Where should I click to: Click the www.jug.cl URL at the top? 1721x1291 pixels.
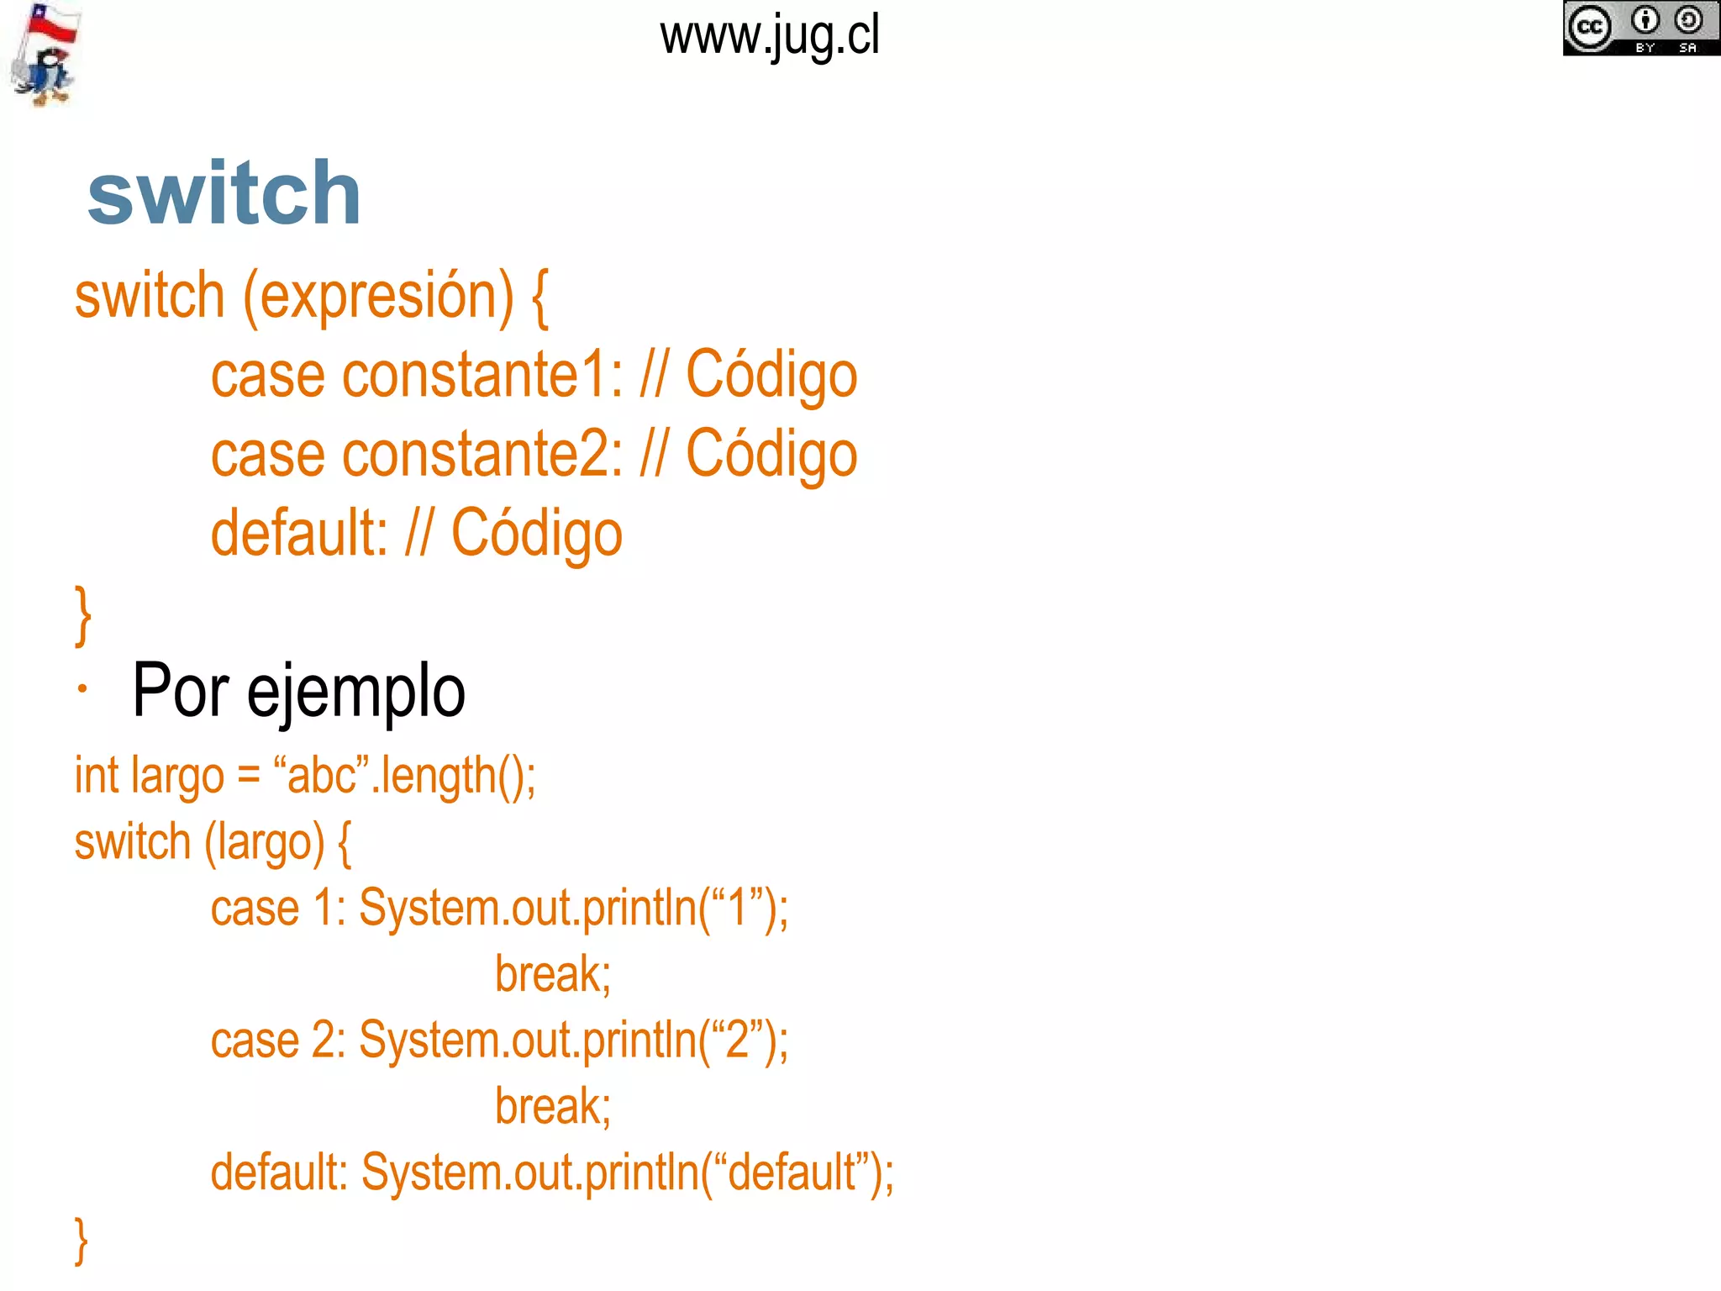(x=770, y=37)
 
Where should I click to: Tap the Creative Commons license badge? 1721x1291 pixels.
(x=1640, y=29)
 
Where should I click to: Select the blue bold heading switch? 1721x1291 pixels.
(x=224, y=194)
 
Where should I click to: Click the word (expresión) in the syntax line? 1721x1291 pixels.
(x=378, y=297)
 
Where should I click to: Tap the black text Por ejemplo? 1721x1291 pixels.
(x=298, y=691)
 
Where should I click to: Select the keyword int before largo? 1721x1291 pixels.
(x=97, y=775)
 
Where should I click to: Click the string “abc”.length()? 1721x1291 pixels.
(x=404, y=775)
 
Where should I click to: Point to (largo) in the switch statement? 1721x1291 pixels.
(x=265, y=842)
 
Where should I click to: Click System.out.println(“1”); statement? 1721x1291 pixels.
(x=574, y=909)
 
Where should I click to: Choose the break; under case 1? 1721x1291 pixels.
(x=553, y=975)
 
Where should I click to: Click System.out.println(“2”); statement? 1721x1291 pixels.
(x=574, y=1041)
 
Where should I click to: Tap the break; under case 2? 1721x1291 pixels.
(x=553, y=1107)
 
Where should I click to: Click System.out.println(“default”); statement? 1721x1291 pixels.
(x=628, y=1173)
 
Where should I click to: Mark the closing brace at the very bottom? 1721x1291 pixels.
(x=82, y=1241)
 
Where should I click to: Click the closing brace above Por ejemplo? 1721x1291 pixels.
(x=82, y=615)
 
